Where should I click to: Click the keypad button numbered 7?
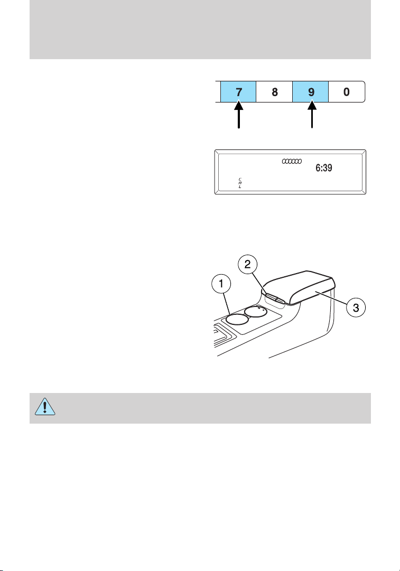click(239, 91)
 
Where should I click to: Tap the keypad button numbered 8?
click(275, 91)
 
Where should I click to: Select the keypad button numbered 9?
click(311, 91)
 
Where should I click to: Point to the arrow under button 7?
click(239, 116)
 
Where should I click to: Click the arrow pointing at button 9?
click(311, 116)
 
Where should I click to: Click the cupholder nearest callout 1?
click(236, 318)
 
